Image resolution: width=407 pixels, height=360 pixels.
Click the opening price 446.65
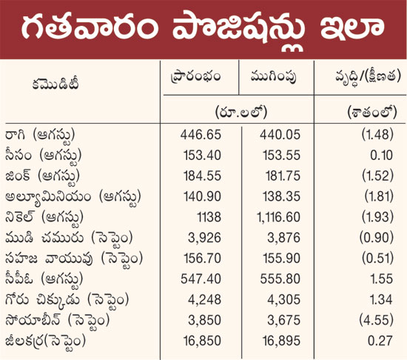click(201, 135)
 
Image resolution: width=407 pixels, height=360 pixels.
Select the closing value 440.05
click(280, 135)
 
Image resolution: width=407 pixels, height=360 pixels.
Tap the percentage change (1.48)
click(377, 135)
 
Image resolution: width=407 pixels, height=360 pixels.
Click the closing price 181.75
click(283, 176)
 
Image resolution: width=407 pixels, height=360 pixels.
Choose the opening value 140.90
click(202, 196)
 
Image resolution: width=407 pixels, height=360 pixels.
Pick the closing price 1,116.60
click(278, 217)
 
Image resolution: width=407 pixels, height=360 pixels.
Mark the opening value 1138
click(209, 217)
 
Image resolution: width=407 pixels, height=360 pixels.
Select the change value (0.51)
click(377, 259)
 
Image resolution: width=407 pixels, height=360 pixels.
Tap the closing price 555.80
click(280, 279)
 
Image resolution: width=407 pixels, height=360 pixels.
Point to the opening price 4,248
click(204, 299)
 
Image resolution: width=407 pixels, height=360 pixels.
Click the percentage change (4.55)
click(377, 320)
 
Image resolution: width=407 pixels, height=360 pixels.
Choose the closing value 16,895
click(282, 341)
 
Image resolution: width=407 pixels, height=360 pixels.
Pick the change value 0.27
click(380, 341)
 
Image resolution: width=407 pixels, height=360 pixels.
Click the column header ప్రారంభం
click(195, 76)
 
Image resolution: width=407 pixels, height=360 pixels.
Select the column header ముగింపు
click(273, 77)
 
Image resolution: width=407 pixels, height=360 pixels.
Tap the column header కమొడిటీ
click(55, 84)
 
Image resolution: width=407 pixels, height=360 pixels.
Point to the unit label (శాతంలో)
click(372, 113)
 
